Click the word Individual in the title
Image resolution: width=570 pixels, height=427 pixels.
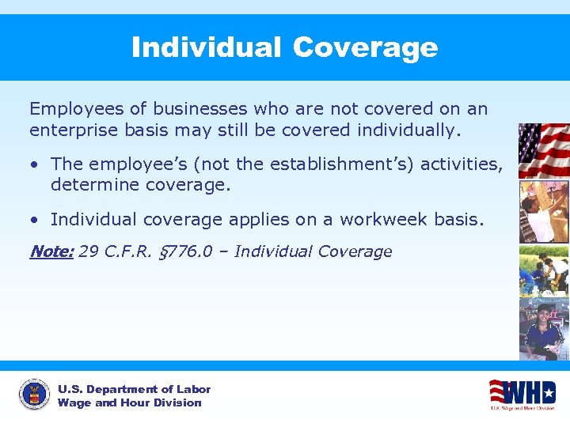(x=205, y=47)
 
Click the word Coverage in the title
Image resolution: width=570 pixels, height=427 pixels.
(x=364, y=47)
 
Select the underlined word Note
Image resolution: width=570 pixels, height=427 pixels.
(x=50, y=251)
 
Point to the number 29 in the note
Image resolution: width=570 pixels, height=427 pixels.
(x=89, y=251)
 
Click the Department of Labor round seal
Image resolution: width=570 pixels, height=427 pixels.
(x=34, y=395)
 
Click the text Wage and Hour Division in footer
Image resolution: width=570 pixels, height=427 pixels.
(x=129, y=402)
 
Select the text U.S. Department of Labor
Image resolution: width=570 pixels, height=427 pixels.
(x=134, y=389)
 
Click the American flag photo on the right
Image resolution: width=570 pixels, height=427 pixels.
(x=544, y=150)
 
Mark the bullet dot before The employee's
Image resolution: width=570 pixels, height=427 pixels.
(x=35, y=164)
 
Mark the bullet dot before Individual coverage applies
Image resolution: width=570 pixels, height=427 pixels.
(x=35, y=220)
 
